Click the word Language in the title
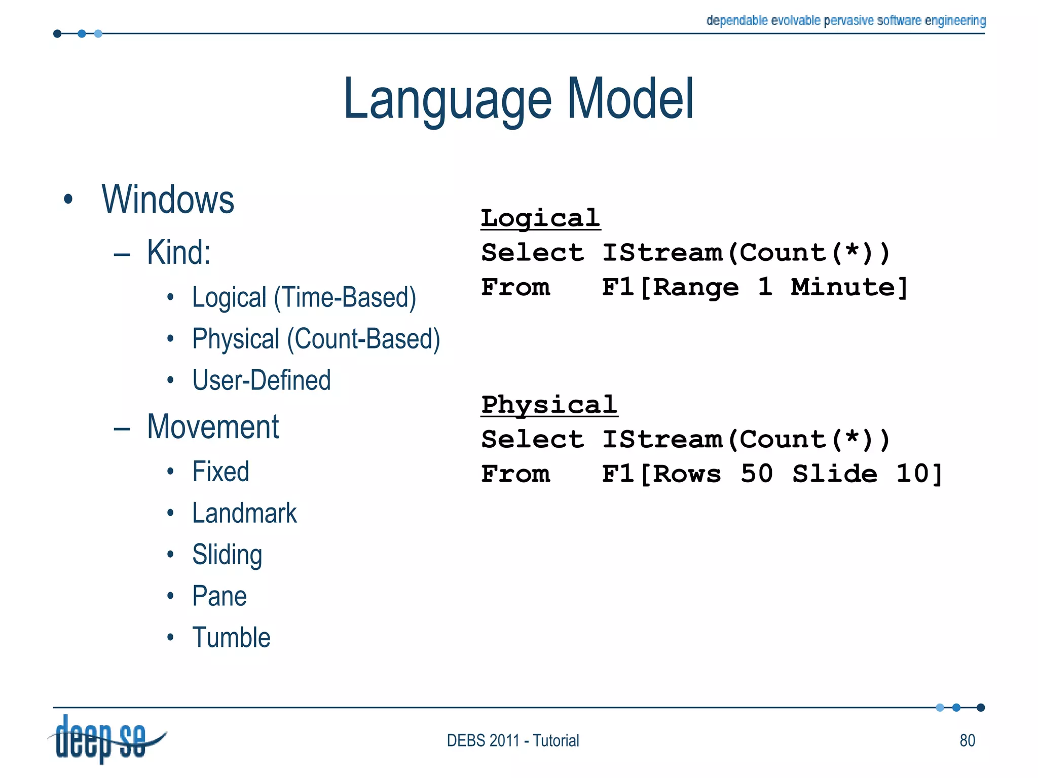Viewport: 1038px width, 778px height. point(447,100)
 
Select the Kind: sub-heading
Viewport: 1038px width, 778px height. point(178,252)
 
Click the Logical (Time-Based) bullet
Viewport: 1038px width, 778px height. point(304,297)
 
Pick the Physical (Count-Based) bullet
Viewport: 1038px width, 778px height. point(316,339)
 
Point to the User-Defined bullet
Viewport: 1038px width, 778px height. point(262,380)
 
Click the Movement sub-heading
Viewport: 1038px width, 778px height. point(213,426)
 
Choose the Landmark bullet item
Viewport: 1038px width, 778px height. point(244,513)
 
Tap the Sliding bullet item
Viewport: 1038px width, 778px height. point(227,555)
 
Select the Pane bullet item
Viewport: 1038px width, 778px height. point(219,596)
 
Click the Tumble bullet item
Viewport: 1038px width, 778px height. point(231,638)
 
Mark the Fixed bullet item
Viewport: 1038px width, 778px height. point(221,472)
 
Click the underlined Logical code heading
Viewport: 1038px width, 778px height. point(540,218)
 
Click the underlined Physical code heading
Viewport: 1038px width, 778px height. point(549,405)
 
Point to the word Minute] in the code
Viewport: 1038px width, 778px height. point(849,287)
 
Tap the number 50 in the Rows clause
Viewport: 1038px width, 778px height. point(756,474)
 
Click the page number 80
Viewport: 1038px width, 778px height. point(967,741)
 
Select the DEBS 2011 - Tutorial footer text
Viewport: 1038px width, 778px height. point(512,741)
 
